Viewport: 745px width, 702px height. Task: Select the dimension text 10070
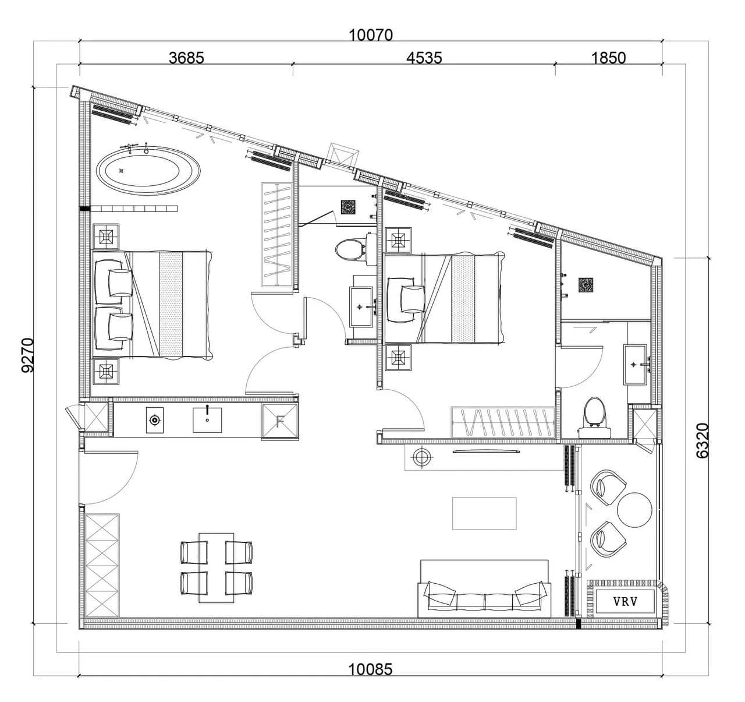point(371,36)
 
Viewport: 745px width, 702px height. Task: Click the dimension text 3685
point(186,58)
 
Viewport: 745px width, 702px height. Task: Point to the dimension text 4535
point(424,58)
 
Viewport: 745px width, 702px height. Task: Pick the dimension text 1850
point(608,58)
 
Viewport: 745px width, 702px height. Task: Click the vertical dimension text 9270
point(29,355)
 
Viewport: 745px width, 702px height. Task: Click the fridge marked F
point(280,422)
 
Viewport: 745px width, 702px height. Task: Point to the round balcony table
point(634,510)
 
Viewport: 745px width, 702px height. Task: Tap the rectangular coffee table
point(484,513)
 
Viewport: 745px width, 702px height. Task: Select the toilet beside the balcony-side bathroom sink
point(594,417)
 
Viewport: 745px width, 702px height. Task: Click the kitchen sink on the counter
point(207,419)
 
